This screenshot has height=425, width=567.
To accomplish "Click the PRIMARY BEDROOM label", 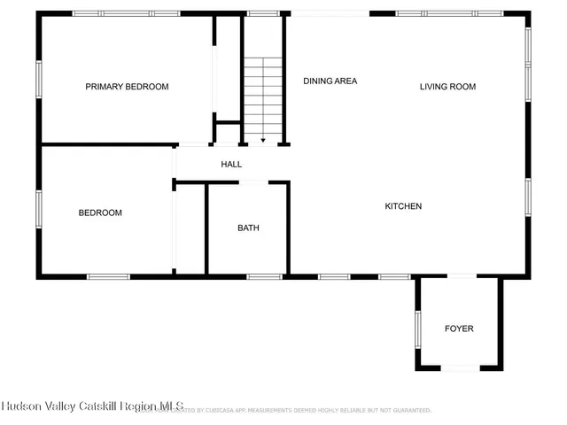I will tap(127, 87).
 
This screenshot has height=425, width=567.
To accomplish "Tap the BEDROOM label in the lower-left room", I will tap(100, 212).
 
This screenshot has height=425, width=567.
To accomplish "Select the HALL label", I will tap(231, 164).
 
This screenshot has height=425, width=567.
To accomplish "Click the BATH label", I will tap(248, 228).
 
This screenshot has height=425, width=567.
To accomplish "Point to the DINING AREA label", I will tap(330, 81).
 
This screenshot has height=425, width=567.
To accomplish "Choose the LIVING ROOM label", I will tap(447, 87).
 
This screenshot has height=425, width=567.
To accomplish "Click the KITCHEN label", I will tap(403, 206).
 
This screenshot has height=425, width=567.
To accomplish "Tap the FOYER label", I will tap(459, 328).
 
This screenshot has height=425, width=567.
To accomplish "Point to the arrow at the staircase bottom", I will tap(263, 138).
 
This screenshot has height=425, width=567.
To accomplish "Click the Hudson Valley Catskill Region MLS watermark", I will tap(92, 406).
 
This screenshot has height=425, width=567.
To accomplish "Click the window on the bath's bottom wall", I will tap(264, 276).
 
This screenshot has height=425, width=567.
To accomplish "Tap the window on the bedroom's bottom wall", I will tap(108, 276).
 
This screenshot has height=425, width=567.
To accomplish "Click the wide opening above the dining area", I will tap(330, 13).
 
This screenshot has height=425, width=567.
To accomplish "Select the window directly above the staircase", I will tap(263, 13).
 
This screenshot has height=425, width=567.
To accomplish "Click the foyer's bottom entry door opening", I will tap(460, 367).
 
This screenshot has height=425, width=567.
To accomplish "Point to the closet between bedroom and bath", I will tap(190, 228).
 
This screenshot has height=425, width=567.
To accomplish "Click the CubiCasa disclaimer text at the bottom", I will tap(301, 410).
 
